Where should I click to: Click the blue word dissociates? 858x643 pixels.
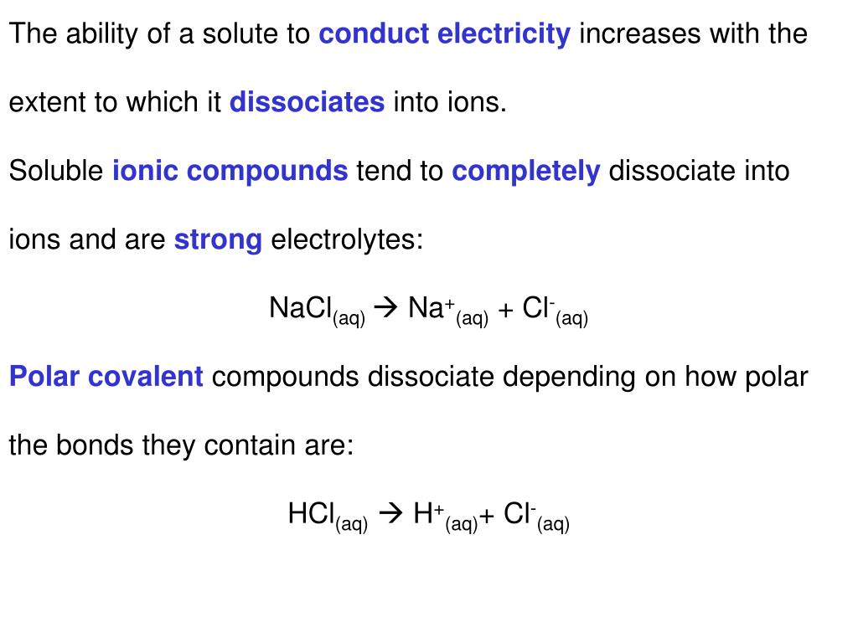[x=307, y=103]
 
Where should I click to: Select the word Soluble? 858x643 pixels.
[x=55, y=172]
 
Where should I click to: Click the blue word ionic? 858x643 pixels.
[x=145, y=172]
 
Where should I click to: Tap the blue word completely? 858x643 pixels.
[x=526, y=172]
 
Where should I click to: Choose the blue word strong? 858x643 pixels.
[x=218, y=240]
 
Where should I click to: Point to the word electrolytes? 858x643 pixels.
[x=347, y=240]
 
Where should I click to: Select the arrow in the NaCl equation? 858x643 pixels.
[x=386, y=309]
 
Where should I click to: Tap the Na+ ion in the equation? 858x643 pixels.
[x=427, y=308]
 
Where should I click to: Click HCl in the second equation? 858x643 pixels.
[x=312, y=514]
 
